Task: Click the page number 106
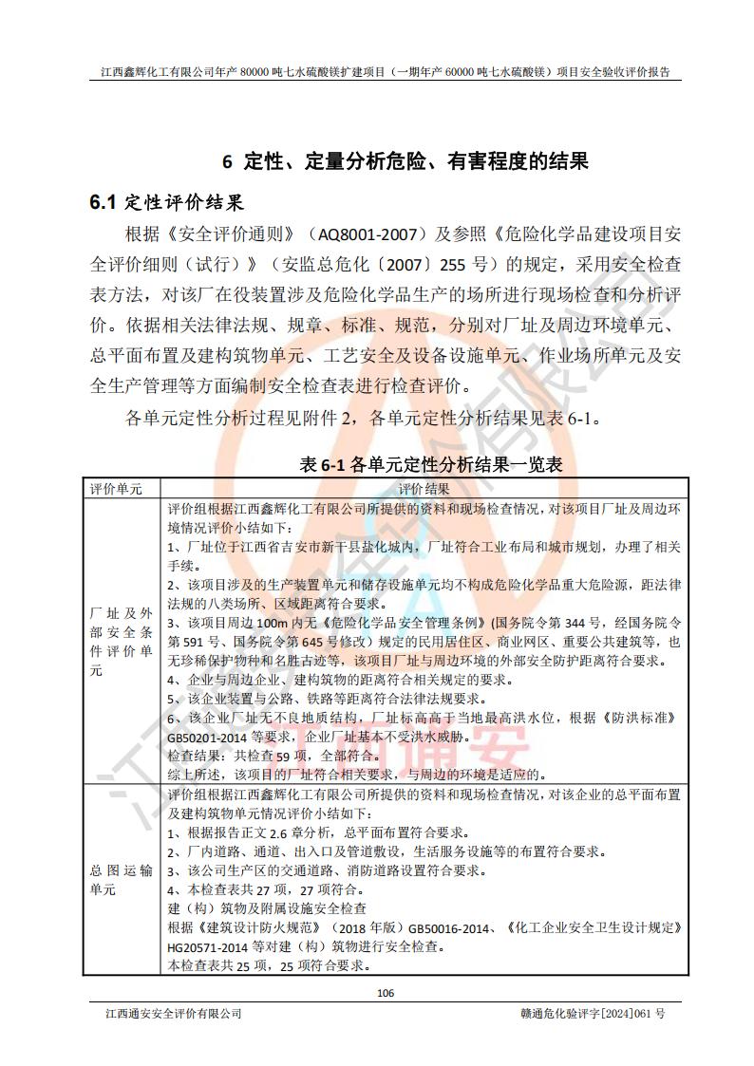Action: [385, 993]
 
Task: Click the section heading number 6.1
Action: [102, 202]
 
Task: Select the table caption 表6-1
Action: [323, 465]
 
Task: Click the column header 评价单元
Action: [116, 489]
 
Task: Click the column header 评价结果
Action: [424, 489]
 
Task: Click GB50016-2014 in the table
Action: [452, 927]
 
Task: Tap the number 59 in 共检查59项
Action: [255, 756]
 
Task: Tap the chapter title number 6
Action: [227, 160]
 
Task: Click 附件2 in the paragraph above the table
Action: [330, 417]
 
